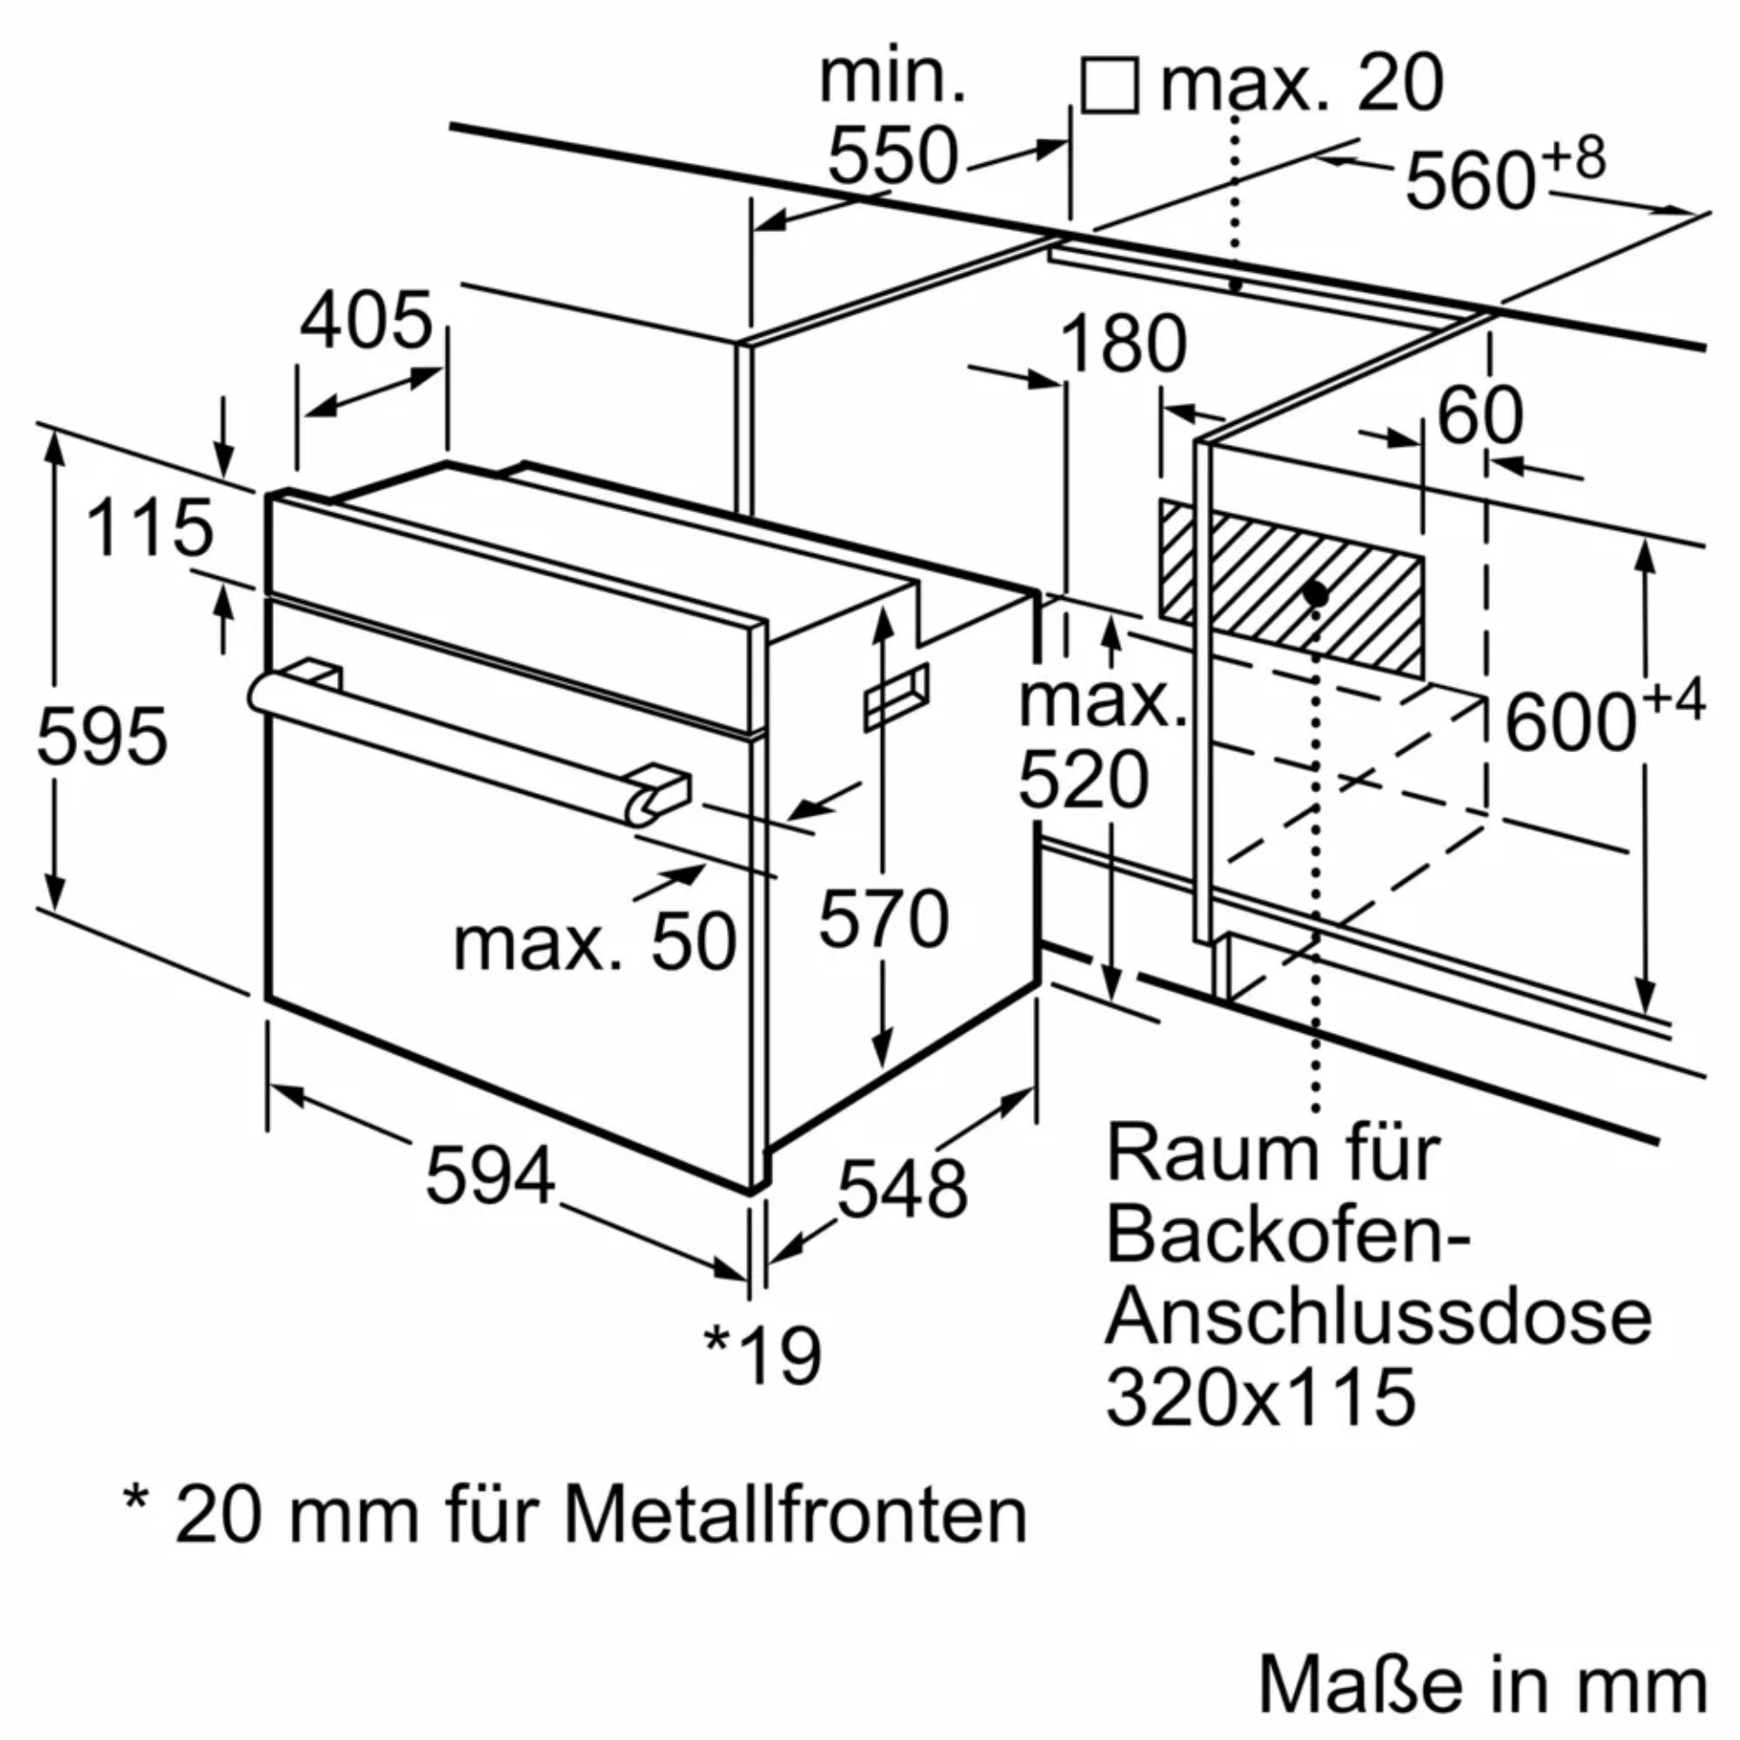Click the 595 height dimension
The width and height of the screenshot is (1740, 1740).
coord(101,735)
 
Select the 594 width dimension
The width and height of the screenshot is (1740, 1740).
coord(490,1176)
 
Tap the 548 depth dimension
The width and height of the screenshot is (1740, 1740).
coord(902,1188)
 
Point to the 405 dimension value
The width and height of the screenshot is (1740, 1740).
coord(366,322)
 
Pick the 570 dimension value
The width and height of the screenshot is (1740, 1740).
coord(884,919)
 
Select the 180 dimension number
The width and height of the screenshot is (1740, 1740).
coord(1122,344)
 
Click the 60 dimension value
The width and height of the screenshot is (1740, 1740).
coord(1480,416)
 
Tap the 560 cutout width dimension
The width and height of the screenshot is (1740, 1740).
coord(1470,180)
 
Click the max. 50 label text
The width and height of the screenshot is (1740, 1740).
coord(594,943)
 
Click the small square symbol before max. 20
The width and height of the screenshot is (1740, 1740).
coord(1110,86)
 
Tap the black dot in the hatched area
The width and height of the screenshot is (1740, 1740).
coord(1315,594)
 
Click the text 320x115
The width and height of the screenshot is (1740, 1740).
coord(1260,1397)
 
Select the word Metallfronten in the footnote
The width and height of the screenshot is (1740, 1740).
coord(796,1515)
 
